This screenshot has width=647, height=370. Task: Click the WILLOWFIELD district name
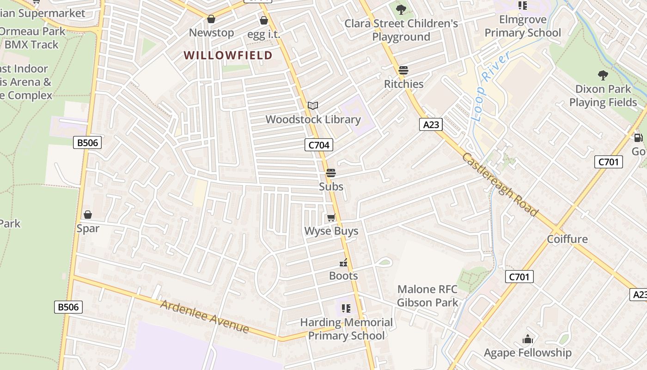coord(228,55)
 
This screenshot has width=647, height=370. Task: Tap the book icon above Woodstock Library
coord(313,105)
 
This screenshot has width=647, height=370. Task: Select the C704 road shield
coord(319,145)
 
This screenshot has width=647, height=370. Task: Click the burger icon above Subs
coord(331,173)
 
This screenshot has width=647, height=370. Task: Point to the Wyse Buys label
coord(331,231)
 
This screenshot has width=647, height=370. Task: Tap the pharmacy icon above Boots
coord(343,263)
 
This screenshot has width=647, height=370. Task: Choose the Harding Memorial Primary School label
coord(346,329)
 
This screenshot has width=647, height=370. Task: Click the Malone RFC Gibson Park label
coord(427,296)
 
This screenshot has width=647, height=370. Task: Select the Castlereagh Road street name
coord(500,184)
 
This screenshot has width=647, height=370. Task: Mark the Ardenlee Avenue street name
coord(205,317)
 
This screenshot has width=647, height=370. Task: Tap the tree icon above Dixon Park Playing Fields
coord(603,75)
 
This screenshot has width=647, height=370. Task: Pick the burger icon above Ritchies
coord(403,70)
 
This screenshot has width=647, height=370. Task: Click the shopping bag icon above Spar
coord(88,215)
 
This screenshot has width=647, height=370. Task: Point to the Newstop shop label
coord(211,33)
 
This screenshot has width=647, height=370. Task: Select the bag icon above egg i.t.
coord(264,20)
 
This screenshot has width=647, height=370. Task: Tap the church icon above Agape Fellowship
coord(527,339)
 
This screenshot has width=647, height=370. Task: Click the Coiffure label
coord(567,239)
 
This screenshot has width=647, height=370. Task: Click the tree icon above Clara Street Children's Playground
coord(401,9)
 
